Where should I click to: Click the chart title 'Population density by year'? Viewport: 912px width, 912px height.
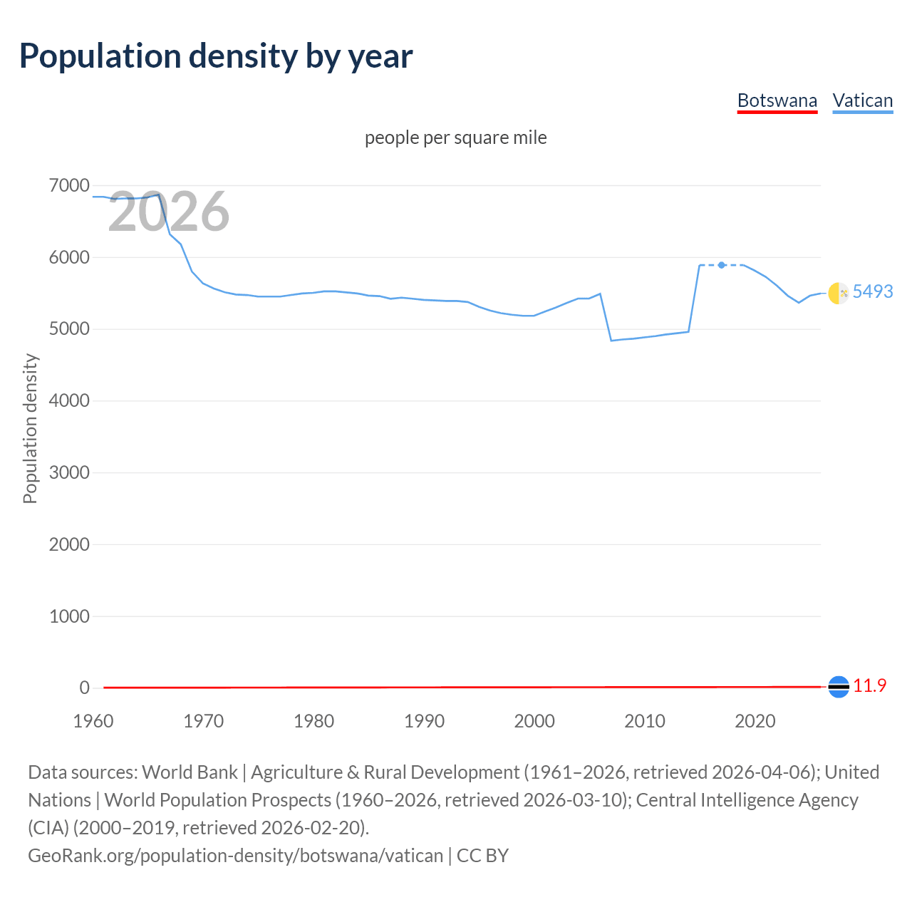pos(216,56)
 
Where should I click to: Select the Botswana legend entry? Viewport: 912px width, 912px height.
pos(777,100)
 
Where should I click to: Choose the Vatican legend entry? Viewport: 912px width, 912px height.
pos(862,100)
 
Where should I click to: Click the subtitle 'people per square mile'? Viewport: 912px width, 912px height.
pos(455,138)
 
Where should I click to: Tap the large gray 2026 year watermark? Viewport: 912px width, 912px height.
pos(169,212)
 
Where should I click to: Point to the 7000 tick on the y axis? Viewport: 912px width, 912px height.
pos(69,186)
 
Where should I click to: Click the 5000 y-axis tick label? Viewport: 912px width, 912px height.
pos(69,329)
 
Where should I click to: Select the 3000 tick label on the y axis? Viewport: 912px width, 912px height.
pos(69,472)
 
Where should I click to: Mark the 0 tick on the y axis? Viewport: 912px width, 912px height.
pos(85,688)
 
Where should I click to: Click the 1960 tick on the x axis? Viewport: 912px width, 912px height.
pos(93,721)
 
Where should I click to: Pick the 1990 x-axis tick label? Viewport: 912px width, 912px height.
pos(424,721)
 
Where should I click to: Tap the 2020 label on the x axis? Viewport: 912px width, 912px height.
pos(755,721)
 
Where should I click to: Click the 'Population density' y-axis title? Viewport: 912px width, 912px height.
pos(30,429)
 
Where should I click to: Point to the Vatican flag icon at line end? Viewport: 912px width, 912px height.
pos(839,293)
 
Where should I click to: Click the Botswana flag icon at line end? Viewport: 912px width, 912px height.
pos(839,687)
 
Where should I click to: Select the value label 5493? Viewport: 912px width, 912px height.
pos(873,291)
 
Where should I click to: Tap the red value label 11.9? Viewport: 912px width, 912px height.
pos(869,685)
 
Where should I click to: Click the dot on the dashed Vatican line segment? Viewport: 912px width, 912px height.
pos(722,265)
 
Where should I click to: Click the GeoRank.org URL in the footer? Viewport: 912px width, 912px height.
pos(235,855)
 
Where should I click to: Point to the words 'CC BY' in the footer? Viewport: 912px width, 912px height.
pos(482,855)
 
